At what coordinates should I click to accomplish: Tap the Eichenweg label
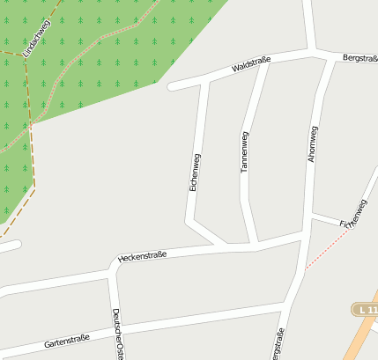point(195,173)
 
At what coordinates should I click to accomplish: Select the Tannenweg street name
point(245,151)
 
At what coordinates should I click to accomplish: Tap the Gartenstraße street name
point(67,341)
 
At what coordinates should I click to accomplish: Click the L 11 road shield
point(366,310)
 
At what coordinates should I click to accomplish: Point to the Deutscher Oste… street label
point(117,334)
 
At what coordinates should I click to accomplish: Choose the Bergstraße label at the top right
point(359,58)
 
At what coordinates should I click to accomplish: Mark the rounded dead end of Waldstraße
point(172,86)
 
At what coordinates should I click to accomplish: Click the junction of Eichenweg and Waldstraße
point(205,80)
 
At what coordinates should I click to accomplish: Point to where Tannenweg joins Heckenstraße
point(255,243)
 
